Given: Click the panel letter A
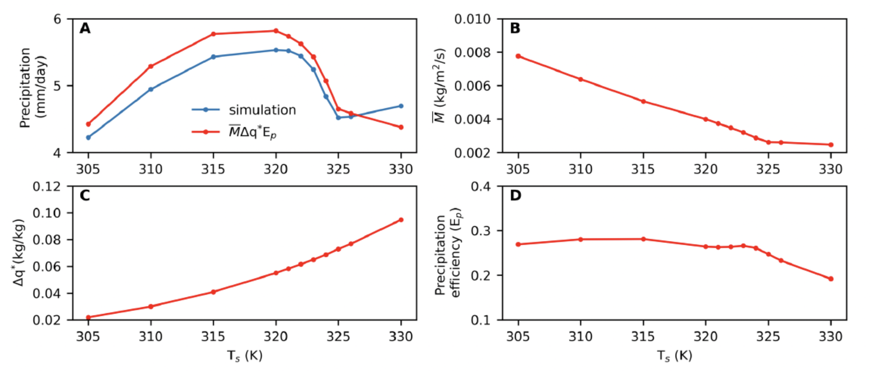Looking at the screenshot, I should pos(85,29).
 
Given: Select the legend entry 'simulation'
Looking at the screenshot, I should pos(262,110).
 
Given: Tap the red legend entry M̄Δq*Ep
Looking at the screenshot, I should pos(252,132).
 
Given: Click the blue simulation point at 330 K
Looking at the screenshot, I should pos(401,106).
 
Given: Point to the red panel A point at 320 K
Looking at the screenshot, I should pos(276,31).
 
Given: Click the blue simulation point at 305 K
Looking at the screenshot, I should pos(88,137).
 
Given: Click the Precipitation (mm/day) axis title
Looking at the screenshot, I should pos(32,87).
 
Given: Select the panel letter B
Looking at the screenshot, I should pos(515,29).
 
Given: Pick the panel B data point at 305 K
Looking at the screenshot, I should pos(518,56).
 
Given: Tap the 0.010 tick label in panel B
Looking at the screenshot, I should pos(472,19).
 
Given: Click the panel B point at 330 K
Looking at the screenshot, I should pos(831,145).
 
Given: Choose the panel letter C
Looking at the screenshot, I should pos(85,196).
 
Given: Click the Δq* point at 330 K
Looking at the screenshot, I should pos(401,220).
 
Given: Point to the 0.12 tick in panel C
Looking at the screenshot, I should pos(46,186).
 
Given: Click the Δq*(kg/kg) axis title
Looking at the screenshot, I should pos(19,253).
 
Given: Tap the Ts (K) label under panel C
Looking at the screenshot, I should pos(244,356).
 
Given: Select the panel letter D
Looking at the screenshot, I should pos(515,196).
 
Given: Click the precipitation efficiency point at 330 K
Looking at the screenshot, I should pos(831,279).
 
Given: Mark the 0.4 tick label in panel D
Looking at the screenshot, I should pos(481,186).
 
